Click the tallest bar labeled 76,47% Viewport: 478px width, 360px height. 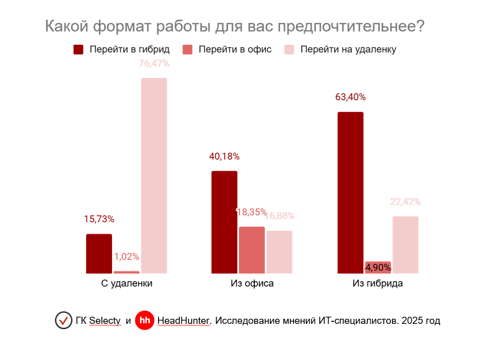154,176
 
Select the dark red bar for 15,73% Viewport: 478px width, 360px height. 99,254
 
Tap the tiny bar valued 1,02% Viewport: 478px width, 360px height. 126,272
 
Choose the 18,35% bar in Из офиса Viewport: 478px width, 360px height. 252,250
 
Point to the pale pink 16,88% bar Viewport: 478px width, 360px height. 279,252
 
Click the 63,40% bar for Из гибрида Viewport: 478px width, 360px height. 351,192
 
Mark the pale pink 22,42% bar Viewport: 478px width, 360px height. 405,245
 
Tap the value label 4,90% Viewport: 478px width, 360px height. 378,267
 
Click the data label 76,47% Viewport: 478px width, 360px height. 154,64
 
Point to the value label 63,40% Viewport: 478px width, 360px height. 350,97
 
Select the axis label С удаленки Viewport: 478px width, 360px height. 127,284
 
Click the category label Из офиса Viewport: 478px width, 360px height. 252,284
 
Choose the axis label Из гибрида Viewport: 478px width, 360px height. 378,284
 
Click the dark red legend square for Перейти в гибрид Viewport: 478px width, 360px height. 78,49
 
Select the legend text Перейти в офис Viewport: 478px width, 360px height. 234,49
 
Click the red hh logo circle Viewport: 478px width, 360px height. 145,320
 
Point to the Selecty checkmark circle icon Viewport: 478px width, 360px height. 63,320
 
